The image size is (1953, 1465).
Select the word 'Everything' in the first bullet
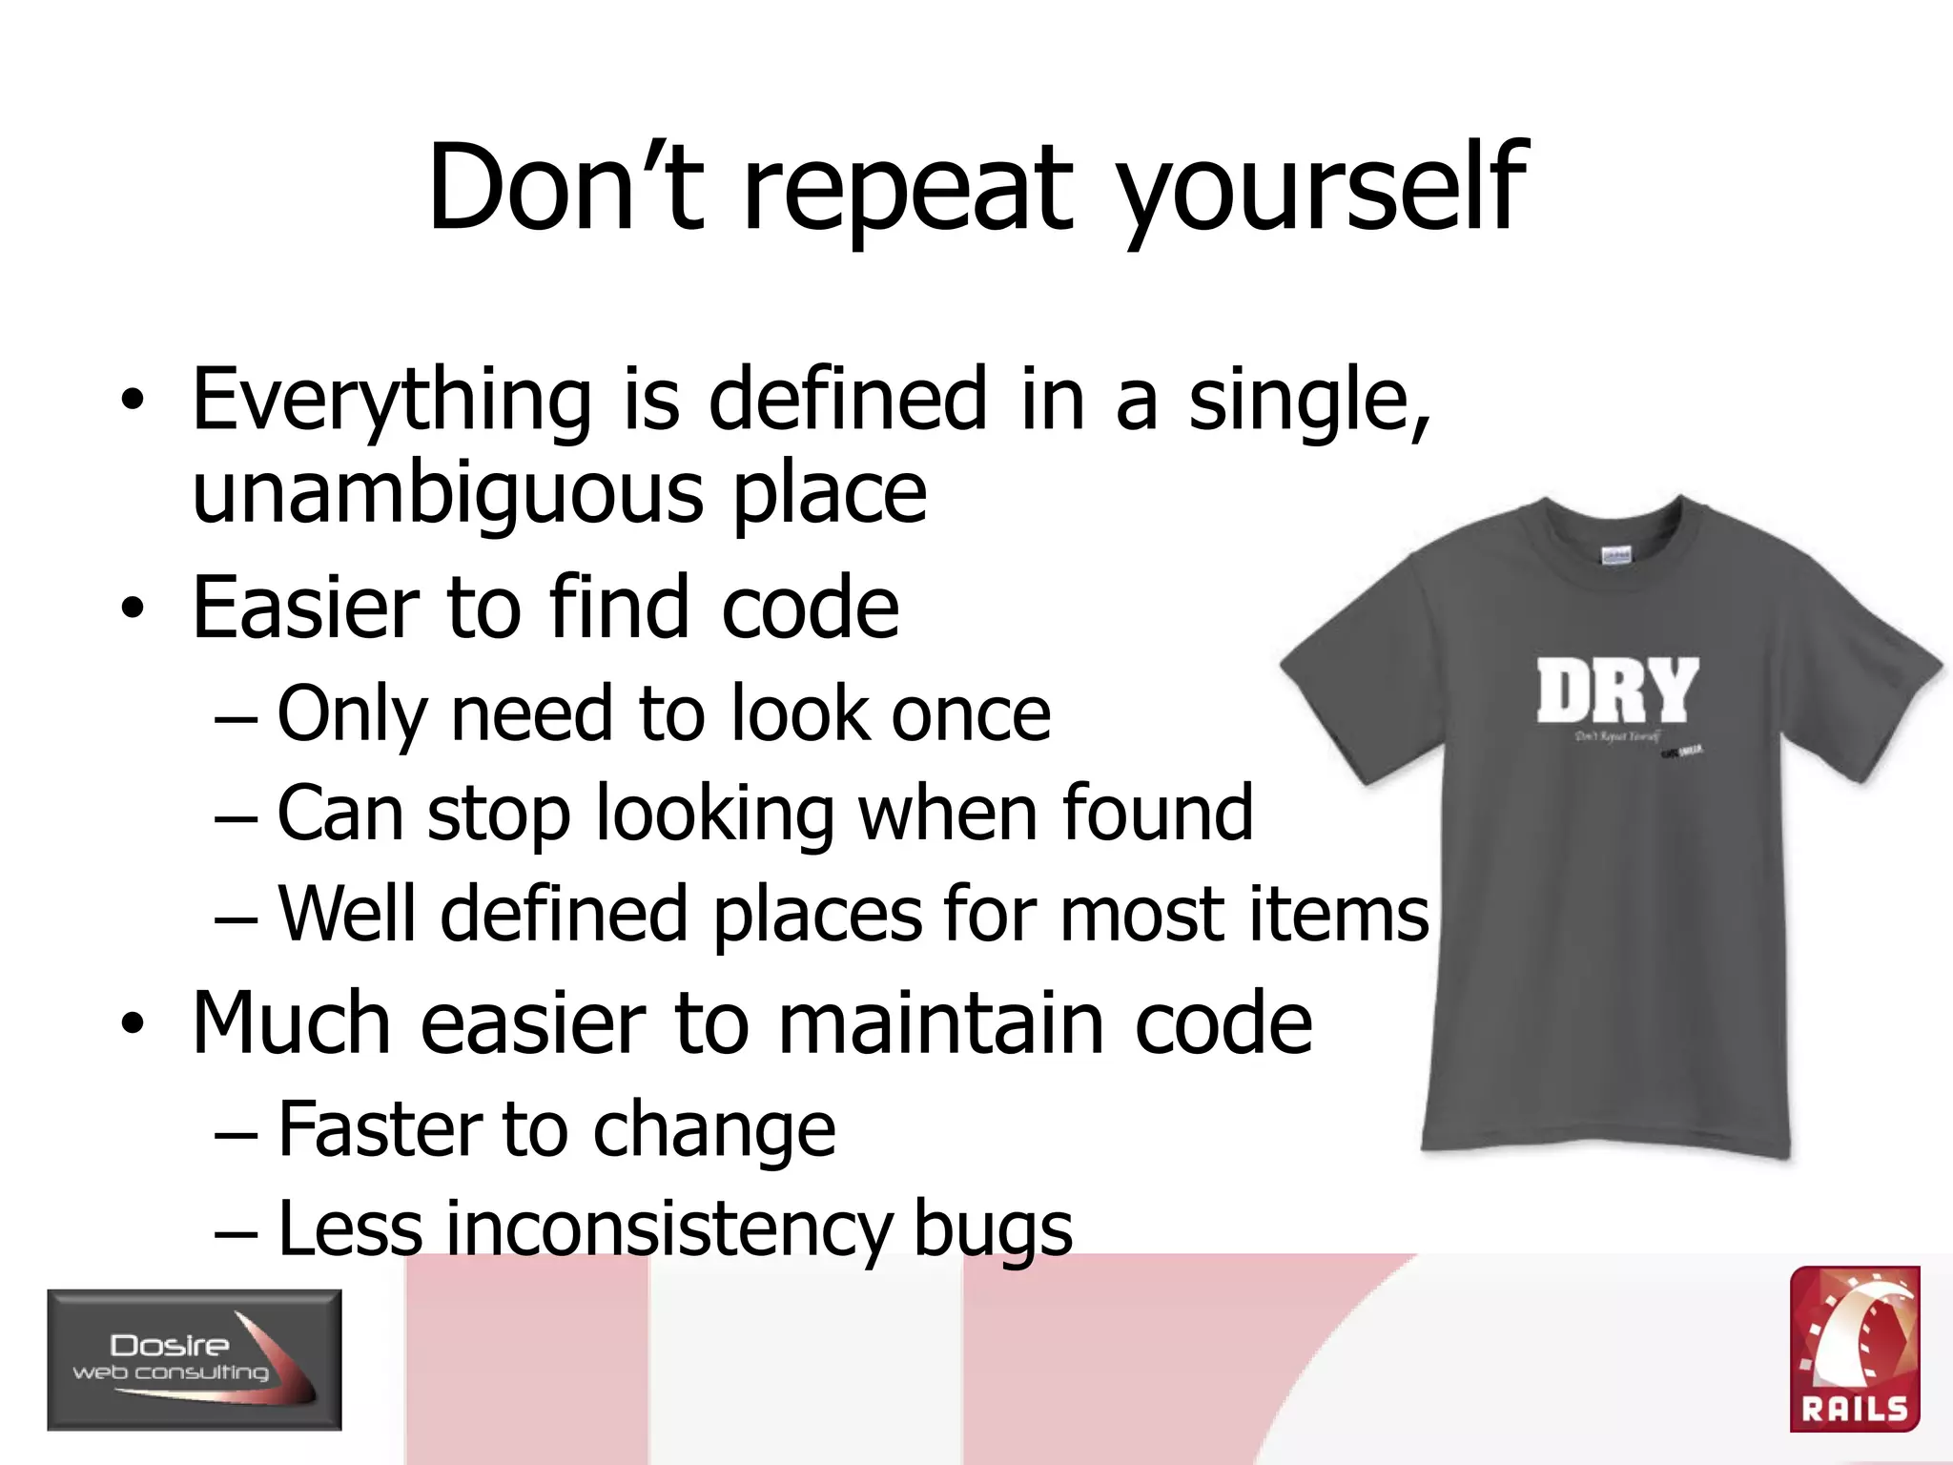(x=392, y=401)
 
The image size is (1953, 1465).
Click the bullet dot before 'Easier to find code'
(x=133, y=609)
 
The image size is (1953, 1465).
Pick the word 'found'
(x=1157, y=813)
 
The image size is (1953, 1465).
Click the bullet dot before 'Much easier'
(x=133, y=1024)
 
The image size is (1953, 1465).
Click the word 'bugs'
(x=992, y=1230)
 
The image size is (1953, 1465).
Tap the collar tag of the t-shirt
(x=1614, y=555)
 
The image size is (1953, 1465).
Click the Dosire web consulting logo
(x=195, y=1359)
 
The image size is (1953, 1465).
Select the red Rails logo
(x=1854, y=1349)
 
